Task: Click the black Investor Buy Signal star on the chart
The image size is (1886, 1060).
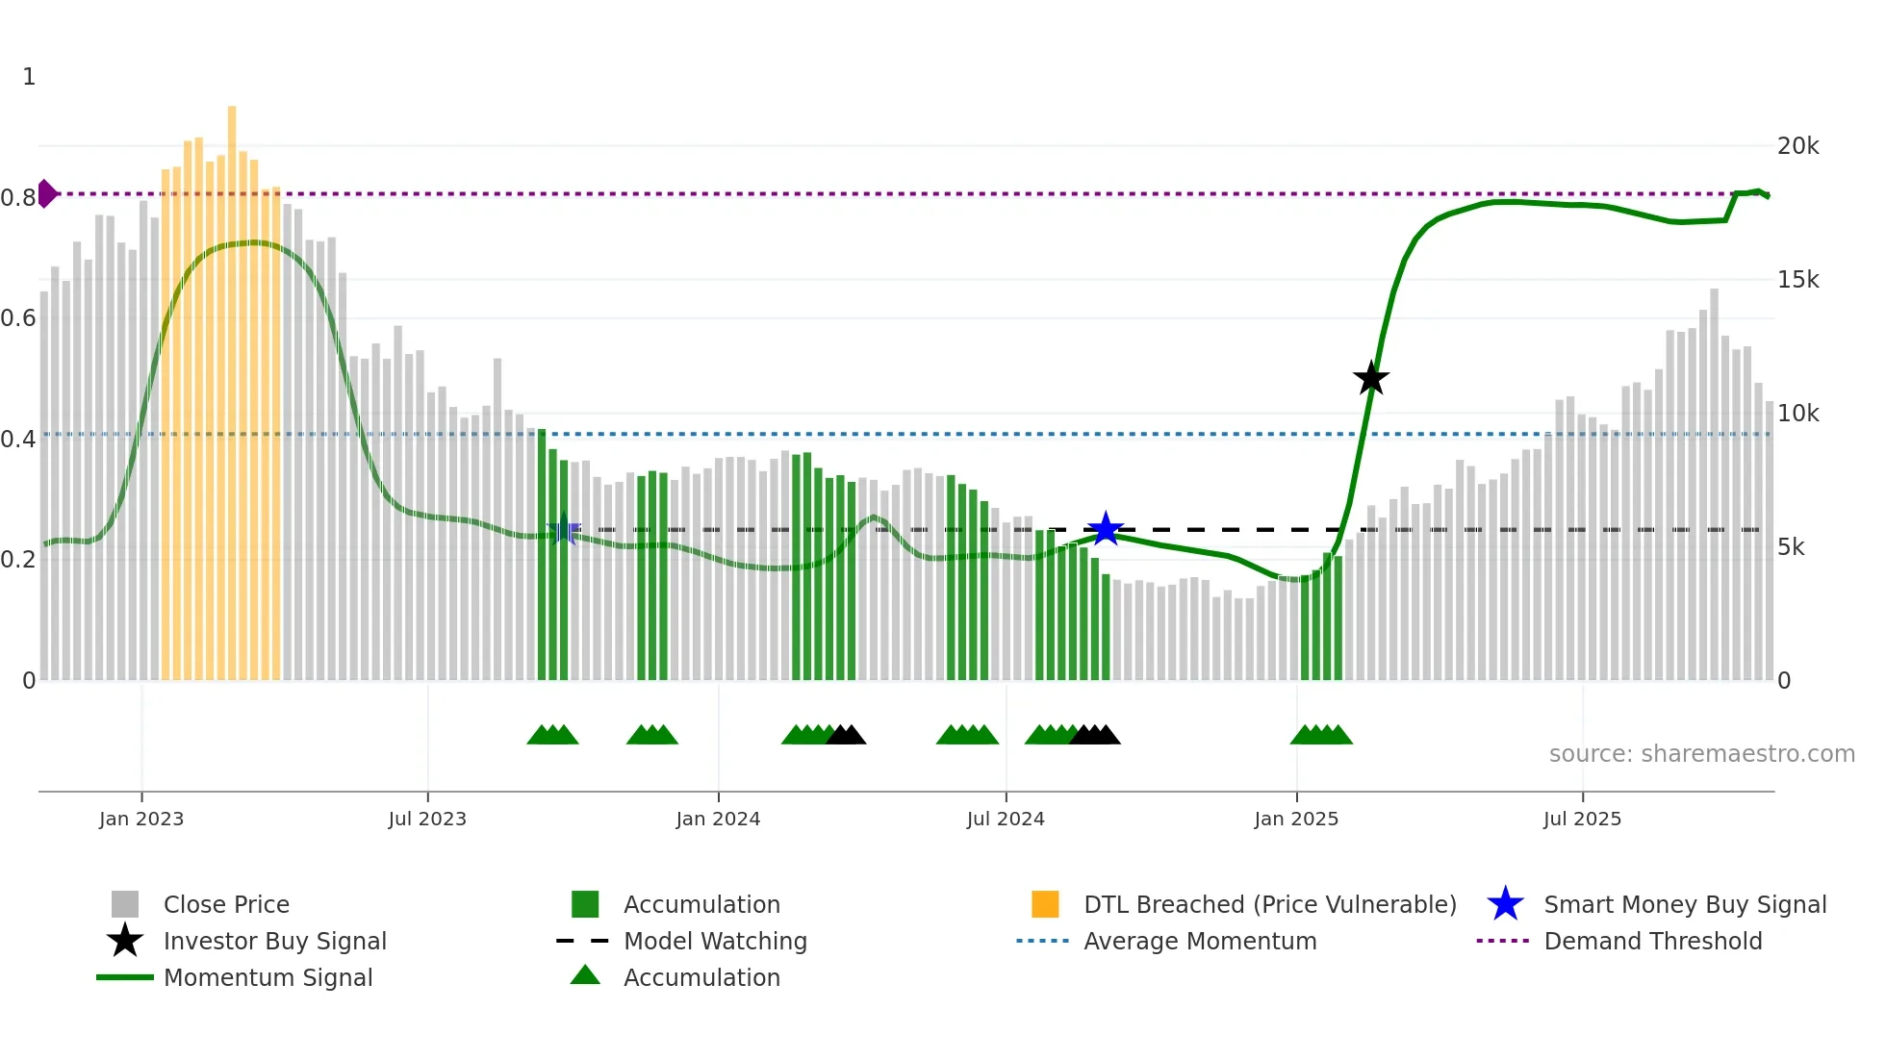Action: (1370, 379)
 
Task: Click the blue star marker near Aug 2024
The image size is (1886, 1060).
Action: (1106, 529)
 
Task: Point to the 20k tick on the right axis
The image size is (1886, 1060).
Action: (1797, 146)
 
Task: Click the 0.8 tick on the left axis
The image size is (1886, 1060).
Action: (19, 198)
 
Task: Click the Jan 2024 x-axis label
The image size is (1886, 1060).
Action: (718, 819)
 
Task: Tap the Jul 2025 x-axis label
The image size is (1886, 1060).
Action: (1582, 819)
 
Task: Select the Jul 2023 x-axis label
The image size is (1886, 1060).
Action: (427, 819)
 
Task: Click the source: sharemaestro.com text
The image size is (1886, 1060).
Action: (1701, 754)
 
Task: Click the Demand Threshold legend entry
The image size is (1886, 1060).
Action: (1652, 941)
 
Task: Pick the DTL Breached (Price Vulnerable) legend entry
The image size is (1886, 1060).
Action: (1269, 904)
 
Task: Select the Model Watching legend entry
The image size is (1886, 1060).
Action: (714, 941)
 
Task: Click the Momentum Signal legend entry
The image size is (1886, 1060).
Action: (268, 977)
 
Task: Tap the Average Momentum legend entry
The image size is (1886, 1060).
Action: (1199, 941)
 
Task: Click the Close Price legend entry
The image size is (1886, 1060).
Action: (225, 904)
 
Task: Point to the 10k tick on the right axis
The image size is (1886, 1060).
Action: (1797, 414)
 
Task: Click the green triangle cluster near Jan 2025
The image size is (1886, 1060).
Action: (1321, 735)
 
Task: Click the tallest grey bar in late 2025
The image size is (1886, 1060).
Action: (1714, 481)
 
